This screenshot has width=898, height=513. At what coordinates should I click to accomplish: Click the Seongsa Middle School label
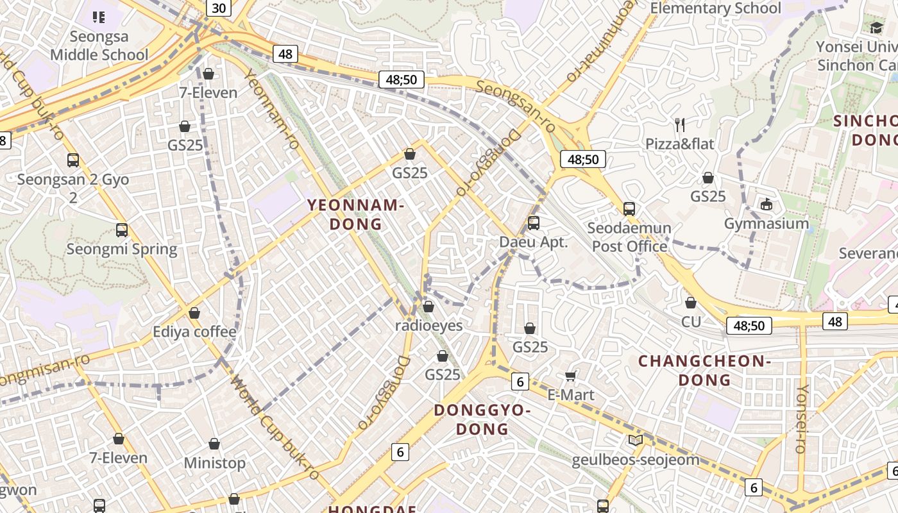(99, 46)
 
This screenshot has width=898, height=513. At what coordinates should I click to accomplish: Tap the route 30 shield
(219, 8)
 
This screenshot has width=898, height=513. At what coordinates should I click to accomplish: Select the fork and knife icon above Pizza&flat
(680, 124)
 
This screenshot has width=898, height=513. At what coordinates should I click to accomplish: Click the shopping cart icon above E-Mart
(571, 376)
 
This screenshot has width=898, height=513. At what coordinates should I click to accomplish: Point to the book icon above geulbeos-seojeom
(635, 440)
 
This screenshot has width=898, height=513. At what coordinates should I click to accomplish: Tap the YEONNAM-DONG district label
(355, 215)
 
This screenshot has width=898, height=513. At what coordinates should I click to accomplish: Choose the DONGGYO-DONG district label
(482, 419)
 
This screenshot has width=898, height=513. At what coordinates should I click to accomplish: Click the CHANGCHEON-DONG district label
(704, 370)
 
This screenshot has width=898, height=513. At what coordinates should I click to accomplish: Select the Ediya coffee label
(194, 332)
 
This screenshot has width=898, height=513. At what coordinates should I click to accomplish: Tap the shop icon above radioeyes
(428, 307)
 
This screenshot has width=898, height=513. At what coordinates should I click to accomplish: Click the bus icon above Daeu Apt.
(533, 223)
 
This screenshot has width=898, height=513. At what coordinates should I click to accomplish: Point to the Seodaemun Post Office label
(629, 237)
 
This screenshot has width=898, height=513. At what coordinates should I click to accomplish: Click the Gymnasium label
(766, 224)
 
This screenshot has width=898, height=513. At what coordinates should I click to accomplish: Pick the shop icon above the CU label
(691, 303)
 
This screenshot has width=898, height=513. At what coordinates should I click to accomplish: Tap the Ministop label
(214, 463)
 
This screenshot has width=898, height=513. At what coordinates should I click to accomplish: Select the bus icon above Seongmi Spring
(122, 230)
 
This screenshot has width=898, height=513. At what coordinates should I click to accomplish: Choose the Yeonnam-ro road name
(273, 109)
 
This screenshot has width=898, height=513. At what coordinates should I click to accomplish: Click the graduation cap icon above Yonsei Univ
(876, 27)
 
